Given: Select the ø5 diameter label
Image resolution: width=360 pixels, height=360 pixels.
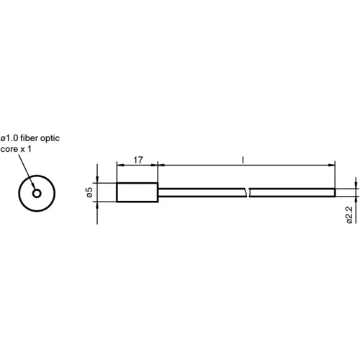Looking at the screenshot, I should [x=89, y=192].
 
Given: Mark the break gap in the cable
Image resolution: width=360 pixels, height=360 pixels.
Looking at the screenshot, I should [x=247, y=192].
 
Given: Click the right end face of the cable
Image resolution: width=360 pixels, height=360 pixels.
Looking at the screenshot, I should [x=336, y=192].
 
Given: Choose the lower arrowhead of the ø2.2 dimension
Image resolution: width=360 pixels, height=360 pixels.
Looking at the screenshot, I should [x=354, y=199].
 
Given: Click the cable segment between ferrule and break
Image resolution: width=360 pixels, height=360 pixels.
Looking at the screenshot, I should [x=202, y=192].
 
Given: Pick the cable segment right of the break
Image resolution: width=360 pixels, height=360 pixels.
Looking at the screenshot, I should [x=292, y=192].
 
